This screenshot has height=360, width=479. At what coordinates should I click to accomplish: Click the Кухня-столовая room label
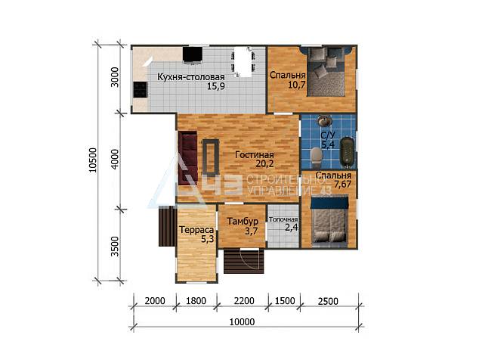191,77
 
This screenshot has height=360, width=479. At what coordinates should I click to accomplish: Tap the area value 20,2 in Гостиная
264,164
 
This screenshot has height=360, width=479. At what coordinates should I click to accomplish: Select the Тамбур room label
243,221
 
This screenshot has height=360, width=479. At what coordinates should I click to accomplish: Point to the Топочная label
283,219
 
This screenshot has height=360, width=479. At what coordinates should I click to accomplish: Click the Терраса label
196,230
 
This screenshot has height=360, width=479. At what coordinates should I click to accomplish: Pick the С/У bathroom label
328,135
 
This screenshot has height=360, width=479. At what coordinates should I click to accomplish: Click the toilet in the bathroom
316,155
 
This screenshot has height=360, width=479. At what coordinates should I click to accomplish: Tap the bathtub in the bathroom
347,152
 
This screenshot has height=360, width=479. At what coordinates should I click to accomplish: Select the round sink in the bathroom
324,120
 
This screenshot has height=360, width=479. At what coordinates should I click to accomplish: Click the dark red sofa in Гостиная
187,158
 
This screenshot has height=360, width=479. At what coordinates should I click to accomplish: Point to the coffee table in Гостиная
211,157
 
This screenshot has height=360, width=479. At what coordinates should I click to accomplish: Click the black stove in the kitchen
141,90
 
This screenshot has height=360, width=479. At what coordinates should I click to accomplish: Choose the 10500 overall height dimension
93,160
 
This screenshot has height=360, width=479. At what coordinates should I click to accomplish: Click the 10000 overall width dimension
242,322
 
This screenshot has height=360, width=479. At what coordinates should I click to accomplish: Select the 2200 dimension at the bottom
244,301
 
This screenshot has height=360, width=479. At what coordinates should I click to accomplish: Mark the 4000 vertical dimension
115,159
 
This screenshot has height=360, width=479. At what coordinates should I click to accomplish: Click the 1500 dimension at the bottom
285,301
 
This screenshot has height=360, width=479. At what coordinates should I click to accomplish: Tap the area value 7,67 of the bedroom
342,185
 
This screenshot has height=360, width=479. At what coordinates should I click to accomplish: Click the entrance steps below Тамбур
244,261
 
